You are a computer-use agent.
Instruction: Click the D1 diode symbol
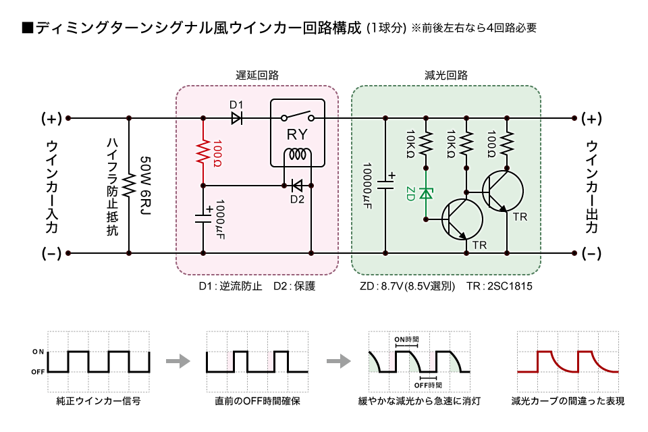pos(237,118)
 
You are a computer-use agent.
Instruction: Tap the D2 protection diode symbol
pos(297,186)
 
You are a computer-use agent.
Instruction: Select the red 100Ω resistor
pos(203,152)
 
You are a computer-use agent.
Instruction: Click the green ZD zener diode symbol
pos(426,193)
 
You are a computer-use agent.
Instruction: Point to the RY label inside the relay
pos(297,134)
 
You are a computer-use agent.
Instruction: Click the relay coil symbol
pos(298,155)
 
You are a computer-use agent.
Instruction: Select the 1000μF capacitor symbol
pos(203,218)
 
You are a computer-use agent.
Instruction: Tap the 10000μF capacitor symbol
pos(385,182)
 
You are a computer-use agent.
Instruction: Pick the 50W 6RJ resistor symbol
pos(129,185)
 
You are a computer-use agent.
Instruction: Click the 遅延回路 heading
pos(257,75)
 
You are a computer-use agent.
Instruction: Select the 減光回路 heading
pos(446,75)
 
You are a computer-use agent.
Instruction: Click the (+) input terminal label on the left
pos(52,119)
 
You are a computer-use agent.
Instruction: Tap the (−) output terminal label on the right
pos(591,253)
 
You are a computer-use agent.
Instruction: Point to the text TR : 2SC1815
pos(500,286)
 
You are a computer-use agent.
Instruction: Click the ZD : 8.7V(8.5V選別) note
pos(407,286)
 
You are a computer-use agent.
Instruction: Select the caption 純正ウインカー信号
pos(99,401)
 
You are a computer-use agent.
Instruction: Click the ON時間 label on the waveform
pos(406,340)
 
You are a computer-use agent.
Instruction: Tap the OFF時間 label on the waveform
pos(428,385)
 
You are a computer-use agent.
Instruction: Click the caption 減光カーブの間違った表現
pos(568,401)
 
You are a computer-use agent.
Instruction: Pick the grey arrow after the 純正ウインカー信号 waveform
pos(178,361)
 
